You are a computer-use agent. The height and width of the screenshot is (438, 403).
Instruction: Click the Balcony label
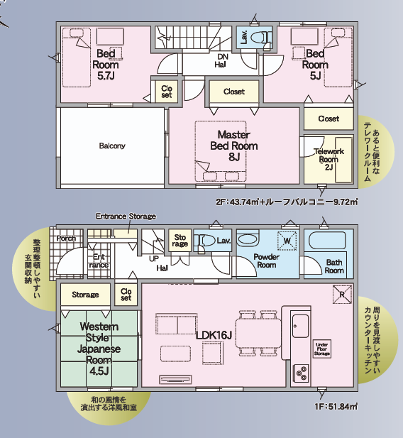(112, 146)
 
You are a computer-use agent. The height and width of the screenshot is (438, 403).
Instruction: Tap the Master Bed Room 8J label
(234, 146)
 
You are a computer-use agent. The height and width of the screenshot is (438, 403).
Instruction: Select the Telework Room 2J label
(329, 159)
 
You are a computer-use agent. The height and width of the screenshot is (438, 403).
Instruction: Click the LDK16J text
(214, 335)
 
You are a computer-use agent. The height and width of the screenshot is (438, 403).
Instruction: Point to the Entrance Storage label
(126, 217)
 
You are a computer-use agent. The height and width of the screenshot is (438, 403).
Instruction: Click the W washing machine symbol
(287, 241)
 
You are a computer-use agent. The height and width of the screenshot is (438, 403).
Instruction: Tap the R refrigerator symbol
(342, 294)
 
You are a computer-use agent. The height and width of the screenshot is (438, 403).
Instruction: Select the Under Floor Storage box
(322, 349)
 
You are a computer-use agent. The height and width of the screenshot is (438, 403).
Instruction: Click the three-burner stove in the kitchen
(301, 373)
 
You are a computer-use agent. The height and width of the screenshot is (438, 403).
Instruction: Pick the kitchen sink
(301, 326)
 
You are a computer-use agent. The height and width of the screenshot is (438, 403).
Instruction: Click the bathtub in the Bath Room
(327, 241)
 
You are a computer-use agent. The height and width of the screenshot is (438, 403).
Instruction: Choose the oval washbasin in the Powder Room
(247, 240)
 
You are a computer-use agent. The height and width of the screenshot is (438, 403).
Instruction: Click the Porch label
(66, 239)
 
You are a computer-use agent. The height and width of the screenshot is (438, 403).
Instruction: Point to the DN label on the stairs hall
(223, 57)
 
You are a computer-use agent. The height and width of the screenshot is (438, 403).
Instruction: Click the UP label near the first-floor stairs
(153, 259)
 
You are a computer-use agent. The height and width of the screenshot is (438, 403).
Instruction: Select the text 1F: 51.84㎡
(336, 407)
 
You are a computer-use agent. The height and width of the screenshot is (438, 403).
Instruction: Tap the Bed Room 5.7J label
(106, 65)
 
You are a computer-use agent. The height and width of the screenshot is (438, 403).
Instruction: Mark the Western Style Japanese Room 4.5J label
(99, 349)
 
